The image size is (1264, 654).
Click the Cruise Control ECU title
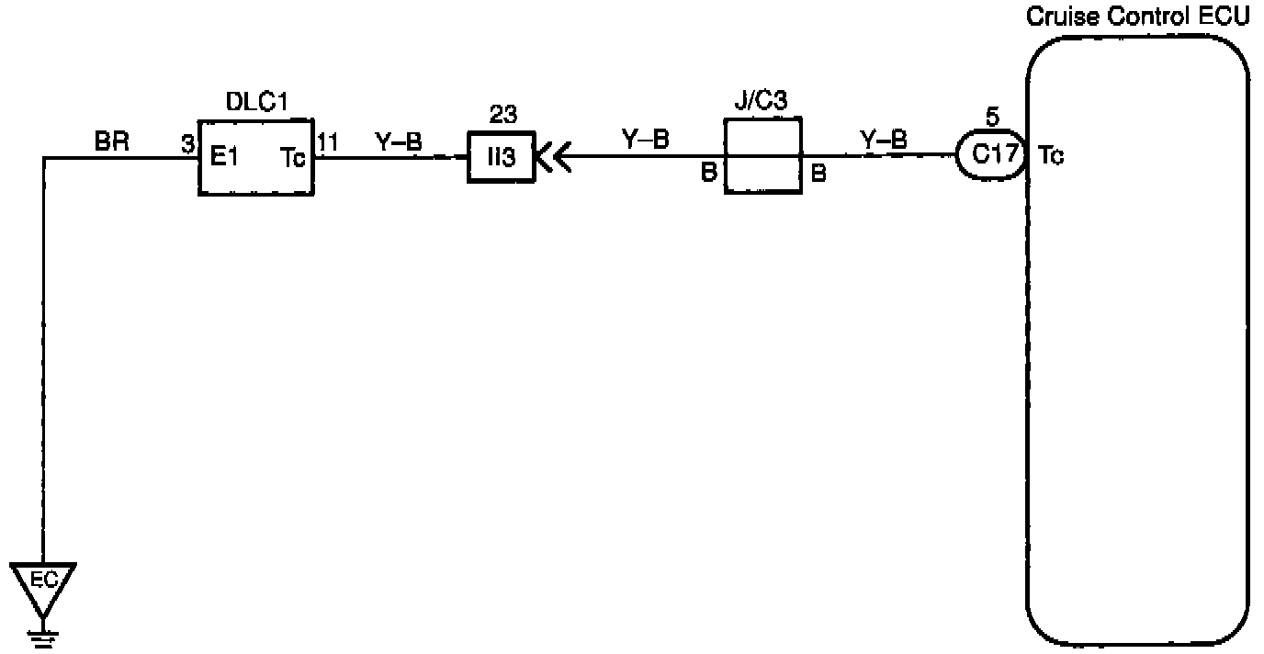coord(1137,17)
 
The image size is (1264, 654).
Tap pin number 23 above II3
coord(502,116)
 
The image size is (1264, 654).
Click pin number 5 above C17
coord(991,118)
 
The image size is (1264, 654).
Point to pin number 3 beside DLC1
coord(186,141)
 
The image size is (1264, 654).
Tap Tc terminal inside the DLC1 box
coord(293,157)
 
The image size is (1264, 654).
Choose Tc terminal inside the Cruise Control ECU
coord(1052,156)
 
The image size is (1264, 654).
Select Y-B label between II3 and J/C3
coord(646,141)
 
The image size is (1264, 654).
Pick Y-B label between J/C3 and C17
coord(884,141)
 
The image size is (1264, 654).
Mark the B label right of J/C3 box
coord(818,174)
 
